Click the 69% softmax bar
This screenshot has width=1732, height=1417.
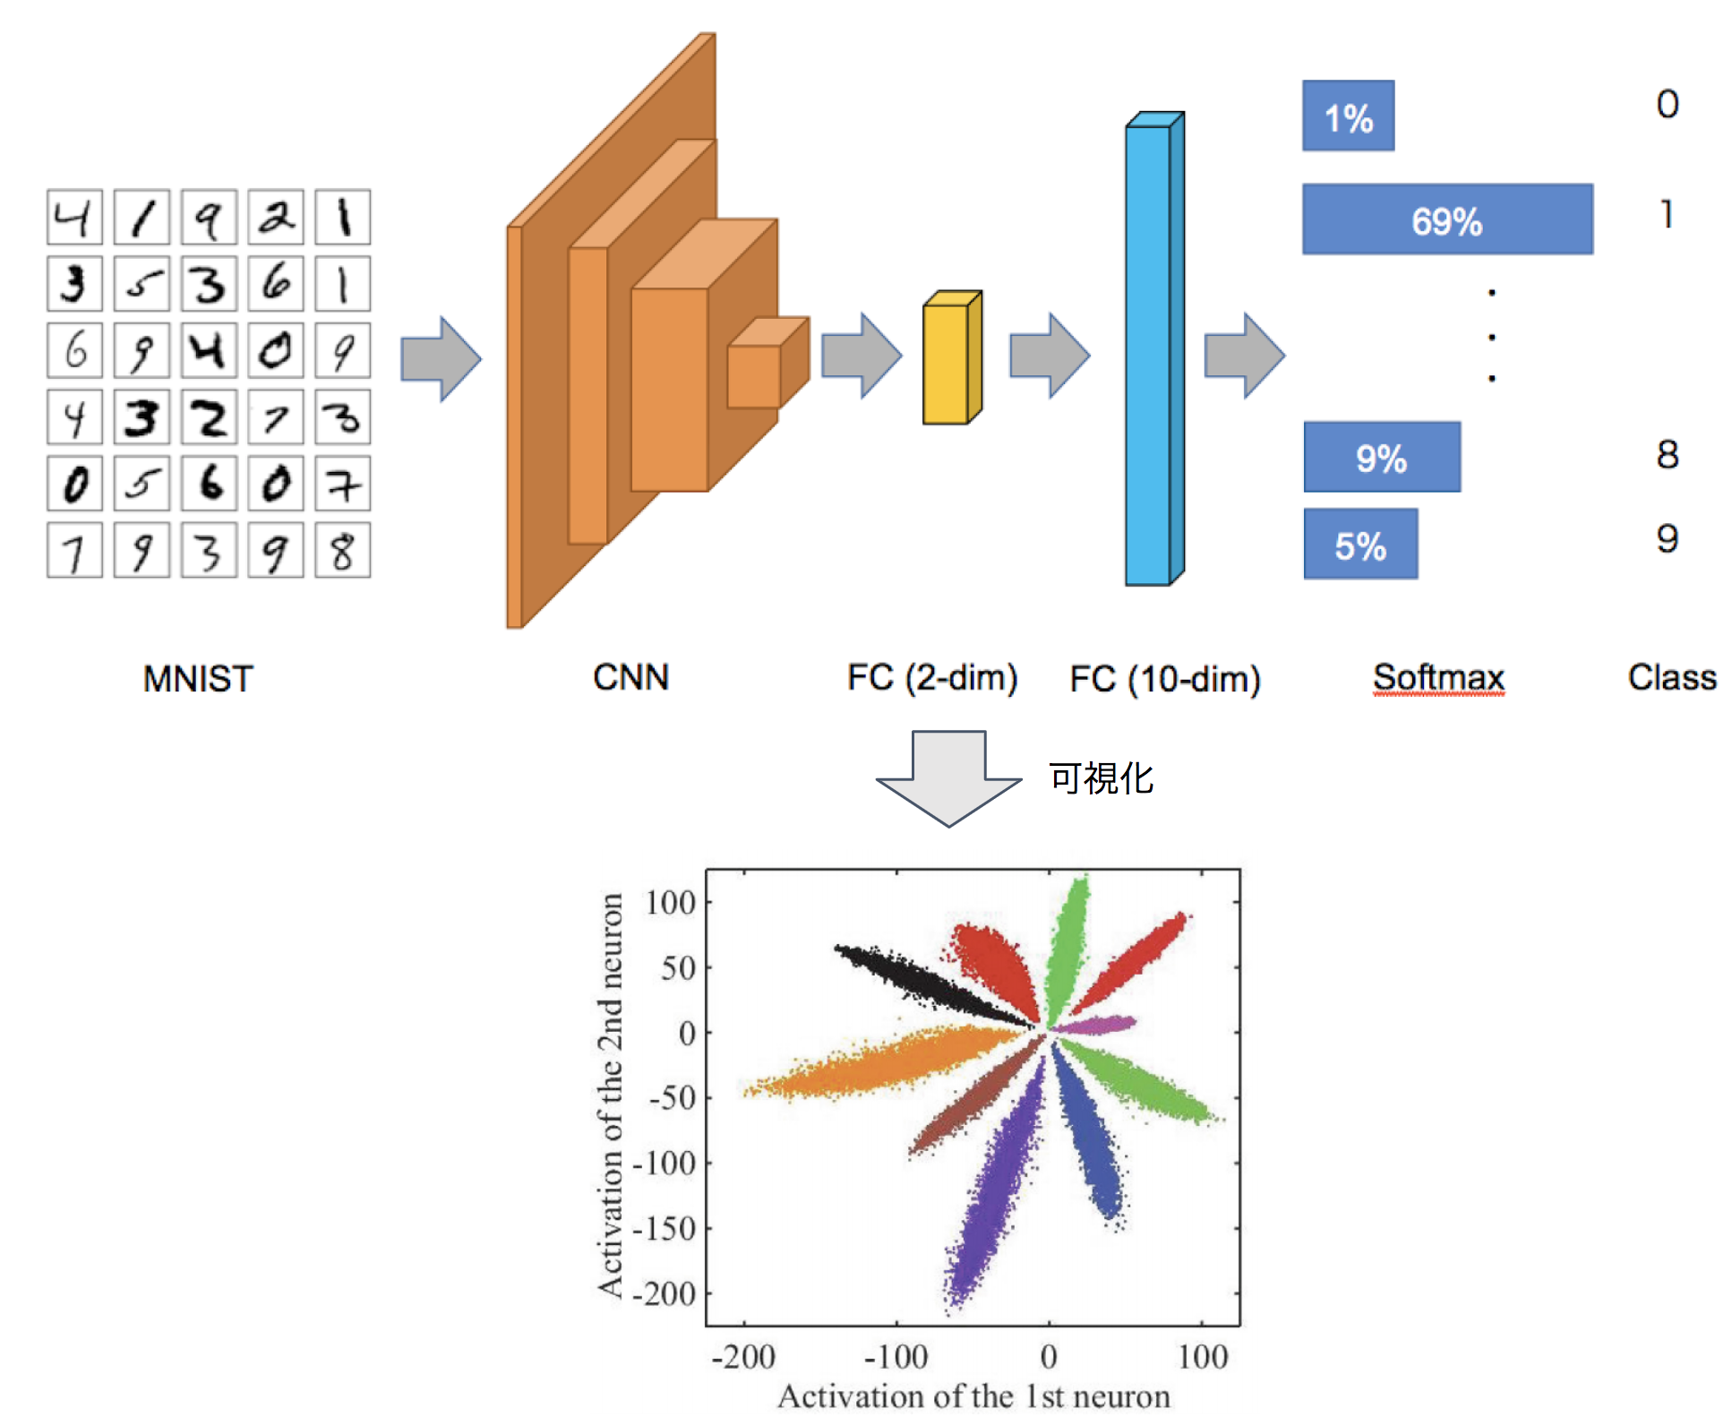point(1446,219)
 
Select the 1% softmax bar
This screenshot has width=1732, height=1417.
point(1347,116)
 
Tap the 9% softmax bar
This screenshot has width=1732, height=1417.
point(1381,457)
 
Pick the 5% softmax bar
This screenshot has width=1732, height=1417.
point(1359,544)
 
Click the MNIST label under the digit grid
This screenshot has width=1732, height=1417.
point(198,679)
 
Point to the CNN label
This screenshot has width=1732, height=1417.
point(630,677)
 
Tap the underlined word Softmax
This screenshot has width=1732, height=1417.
point(1437,677)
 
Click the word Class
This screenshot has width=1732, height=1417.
point(1671,677)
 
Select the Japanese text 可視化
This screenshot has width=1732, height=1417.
point(1101,777)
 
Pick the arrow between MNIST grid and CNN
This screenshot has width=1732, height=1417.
point(440,359)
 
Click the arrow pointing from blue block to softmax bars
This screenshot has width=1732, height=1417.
point(1244,356)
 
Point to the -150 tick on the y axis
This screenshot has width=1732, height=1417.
point(665,1228)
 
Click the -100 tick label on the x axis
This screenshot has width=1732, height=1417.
point(896,1356)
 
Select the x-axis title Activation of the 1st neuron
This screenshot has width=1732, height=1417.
point(973,1396)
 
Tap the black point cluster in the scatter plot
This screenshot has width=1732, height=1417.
point(922,981)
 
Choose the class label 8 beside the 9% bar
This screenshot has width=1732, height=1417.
point(1666,454)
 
